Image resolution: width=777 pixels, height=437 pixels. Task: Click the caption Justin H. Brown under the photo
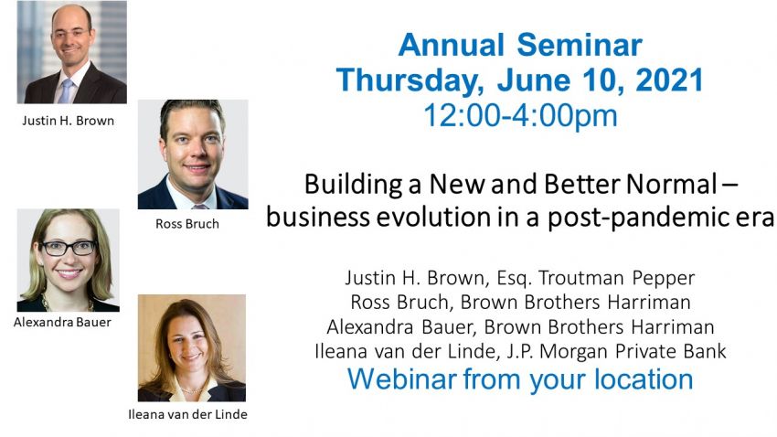pos(68,121)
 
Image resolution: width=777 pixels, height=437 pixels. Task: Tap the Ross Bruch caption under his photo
pos(187,224)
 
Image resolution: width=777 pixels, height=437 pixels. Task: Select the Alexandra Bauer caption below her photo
pos(62,322)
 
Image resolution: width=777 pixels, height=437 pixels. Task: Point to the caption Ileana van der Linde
pos(187,414)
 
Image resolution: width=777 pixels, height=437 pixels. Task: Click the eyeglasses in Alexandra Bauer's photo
pos(69,247)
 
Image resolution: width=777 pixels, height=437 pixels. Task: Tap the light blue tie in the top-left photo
pos(66,91)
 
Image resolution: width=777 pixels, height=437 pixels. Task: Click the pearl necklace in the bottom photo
pos(191,390)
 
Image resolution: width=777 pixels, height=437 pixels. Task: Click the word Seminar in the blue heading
pos(580,45)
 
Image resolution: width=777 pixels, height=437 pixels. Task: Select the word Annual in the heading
pos(452,45)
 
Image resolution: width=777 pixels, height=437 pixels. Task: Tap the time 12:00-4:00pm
pos(520,116)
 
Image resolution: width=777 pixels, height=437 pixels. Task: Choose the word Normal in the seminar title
pos(672,184)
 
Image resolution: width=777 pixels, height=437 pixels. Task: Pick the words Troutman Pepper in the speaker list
pos(617,278)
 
